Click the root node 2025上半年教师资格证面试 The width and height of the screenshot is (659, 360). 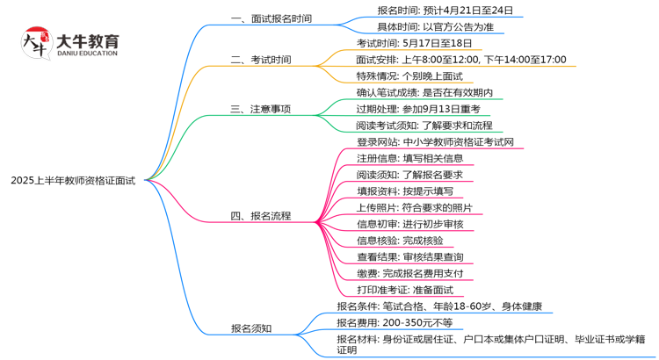pyautogui.click(x=73, y=180)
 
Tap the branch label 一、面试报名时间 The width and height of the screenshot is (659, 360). pyautogui.click(x=271, y=18)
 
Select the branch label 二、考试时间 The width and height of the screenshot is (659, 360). pyautogui.click(x=261, y=60)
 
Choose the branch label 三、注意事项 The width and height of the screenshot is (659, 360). pyautogui.click(x=261, y=110)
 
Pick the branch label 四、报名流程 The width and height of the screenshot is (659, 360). pyautogui.click(x=261, y=215)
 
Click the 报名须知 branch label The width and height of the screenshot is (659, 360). pyautogui.click(x=251, y=328)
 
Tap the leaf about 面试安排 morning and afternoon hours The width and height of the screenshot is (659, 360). pyautogui.click(x=461, y=60)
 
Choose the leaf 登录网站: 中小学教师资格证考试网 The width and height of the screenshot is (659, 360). pyautogui.click(x=435, y=142)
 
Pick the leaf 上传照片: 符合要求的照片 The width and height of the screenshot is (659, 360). pyautogui.click(x=415, y=208)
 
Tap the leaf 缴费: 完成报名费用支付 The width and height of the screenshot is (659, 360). pyautogui.click(x=410, y=274)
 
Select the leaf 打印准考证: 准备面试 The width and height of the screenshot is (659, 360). pyautogui.click(x=404, y=291)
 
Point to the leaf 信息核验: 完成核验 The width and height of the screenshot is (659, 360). pyautogui.click(x=400, y=241)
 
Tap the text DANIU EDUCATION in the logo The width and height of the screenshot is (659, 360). pyautogui.click(x=86, y=54)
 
